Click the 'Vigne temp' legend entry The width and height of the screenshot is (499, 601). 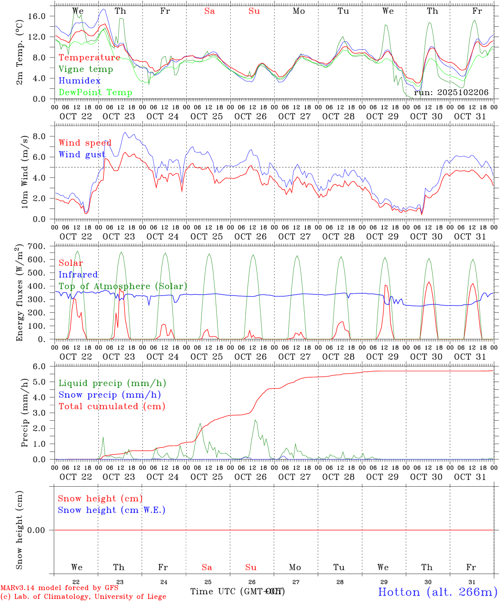pyautogui.click(x=86, y=69)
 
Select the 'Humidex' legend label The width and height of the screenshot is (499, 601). pyautogui.click(x=80, y=81)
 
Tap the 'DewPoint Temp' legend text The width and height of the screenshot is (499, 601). pyautogui.click(x=95, y=93)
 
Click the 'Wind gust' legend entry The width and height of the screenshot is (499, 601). pyautogui.click(x=82, y=154)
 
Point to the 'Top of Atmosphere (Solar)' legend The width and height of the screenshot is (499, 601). pyautogui.click(x=123, y=286)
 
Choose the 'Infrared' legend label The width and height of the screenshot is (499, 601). pyautogui.click(x=78, y=275)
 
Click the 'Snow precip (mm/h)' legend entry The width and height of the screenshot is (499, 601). pyautogui.click(x=109, y=395)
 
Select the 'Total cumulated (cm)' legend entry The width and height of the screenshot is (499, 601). pyautogui.click(x=112, y=407)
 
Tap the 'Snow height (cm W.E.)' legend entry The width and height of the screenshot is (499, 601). pyautogui.click(x=112, y=510)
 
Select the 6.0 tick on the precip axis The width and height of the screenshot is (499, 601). pyautogui.click(x=44, y=366)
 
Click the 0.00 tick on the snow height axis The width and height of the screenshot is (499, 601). pyautogui.click(x=41, y=530)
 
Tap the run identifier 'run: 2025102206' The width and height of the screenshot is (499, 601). pyautogui.click(x=451, y=93)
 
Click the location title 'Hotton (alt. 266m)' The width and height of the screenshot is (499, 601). pyautogui.click(x=438, y=592)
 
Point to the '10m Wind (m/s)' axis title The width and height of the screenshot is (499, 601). pyautogui.click(x=24, y=172)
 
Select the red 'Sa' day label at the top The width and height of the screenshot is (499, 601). pyautogui.click(x=209, y=11)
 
